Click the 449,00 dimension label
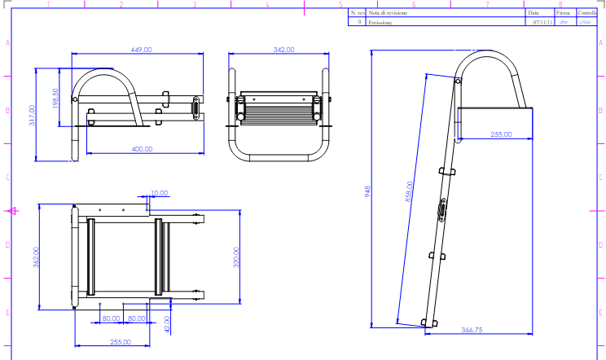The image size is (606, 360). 142,50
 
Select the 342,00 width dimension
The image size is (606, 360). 283,50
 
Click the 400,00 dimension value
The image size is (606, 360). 142,149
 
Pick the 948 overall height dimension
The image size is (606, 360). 368,191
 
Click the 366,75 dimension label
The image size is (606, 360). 472,330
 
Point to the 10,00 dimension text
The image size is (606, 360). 160,193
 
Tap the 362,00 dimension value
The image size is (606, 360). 35,257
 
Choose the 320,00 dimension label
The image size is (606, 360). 236,257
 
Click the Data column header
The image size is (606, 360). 534,13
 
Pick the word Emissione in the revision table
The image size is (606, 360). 380,23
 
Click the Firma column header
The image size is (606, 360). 563,13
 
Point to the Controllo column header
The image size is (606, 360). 587,13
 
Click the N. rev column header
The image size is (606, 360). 356,13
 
